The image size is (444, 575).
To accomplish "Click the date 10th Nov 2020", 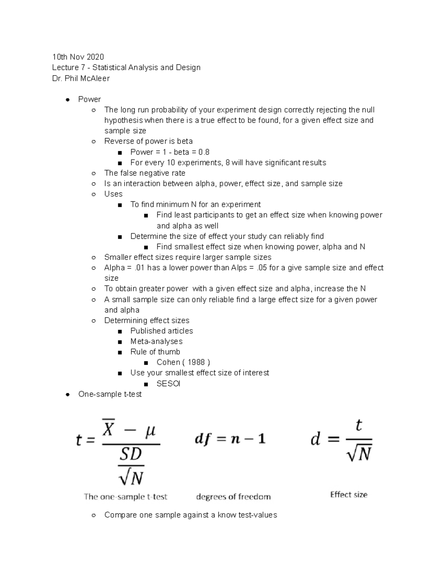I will pos(78,57).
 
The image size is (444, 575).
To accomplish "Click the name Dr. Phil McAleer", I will pos(81,78).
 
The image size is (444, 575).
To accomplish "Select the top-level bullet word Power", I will pos(90,99).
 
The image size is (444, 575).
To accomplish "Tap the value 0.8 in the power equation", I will pos(204,152).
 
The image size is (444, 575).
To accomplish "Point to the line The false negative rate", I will pos(145,173).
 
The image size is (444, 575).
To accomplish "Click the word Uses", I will pos(113,194).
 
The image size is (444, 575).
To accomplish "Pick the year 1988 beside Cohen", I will pos(196,362).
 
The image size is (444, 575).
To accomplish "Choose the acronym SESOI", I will pos(168,384).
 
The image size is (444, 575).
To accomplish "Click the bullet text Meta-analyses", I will pos(157,341).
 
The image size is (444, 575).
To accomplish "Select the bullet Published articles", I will pos(162,331).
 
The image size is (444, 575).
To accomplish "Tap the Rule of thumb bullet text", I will pos(155,352).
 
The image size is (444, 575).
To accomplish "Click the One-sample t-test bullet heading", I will pos(110,394).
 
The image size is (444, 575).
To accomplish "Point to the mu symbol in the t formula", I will pos(150,431).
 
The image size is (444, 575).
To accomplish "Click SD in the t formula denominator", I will pos(131,454).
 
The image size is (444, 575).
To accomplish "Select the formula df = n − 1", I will pos(230,439).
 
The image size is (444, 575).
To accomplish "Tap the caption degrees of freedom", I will pos(233,497).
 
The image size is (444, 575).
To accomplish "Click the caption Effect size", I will pos(349,495).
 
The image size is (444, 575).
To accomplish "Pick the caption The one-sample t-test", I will pos(126,497).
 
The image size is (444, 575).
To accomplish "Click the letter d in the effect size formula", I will pos(315,439).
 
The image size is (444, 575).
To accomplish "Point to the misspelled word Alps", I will pos(239,268).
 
